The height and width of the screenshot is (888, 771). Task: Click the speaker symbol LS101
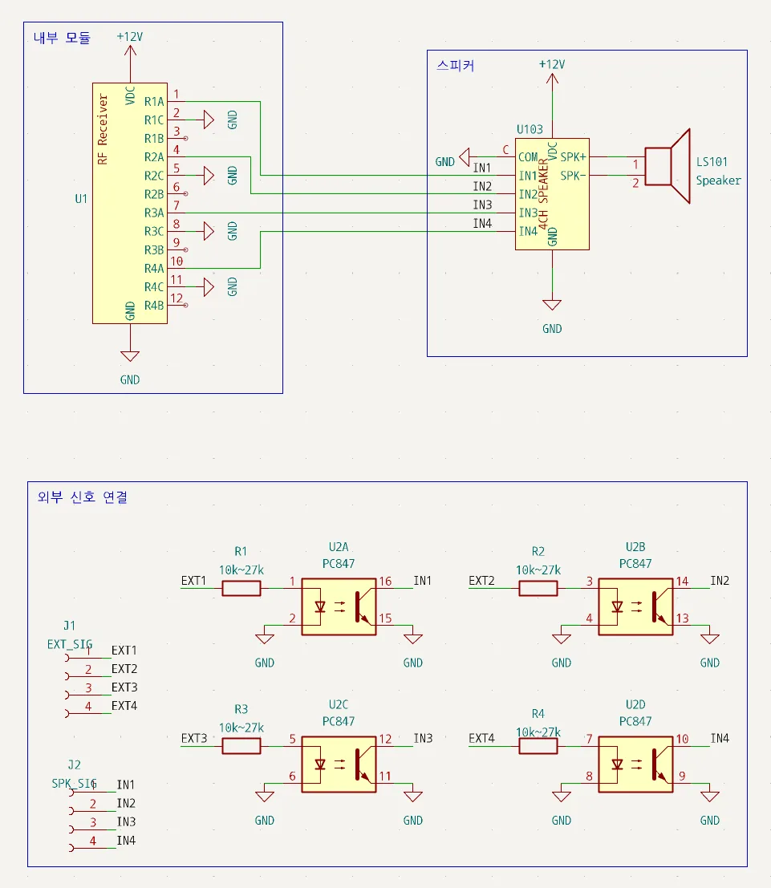point(668,166)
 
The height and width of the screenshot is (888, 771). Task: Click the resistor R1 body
point(241,589)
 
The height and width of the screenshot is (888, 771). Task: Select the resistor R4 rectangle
point(538,746)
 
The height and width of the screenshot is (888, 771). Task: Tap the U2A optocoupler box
point(339,606)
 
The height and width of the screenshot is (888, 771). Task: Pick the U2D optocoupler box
point(635,764)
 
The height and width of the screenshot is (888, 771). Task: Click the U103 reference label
point(530,130)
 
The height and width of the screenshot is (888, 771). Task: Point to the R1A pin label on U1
point(153,102)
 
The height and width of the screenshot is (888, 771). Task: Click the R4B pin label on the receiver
point(153,306)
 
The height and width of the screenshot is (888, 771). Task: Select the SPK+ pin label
point(574,157)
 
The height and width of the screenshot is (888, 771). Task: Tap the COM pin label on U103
point(528,157)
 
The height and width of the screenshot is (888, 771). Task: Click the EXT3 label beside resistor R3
point(194,739)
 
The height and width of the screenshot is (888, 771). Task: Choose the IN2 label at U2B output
point(720,581)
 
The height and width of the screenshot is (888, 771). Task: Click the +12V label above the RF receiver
point(130,37)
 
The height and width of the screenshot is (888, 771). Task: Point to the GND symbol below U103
point(552,305)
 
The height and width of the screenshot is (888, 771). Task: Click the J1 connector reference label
point(69,626)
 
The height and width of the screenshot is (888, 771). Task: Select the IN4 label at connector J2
point(126,841)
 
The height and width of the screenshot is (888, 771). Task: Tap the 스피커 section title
point(456,65)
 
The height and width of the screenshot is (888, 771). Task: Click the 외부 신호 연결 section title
point(83,497)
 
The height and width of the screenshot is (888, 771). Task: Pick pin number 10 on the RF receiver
point(177,262)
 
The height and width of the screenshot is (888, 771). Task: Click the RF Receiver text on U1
point(103,129)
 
